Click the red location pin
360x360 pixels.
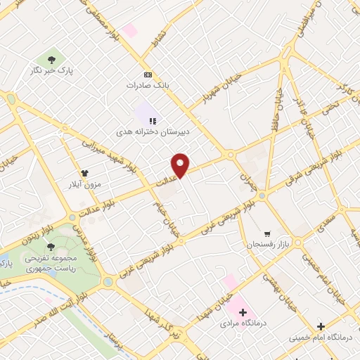pyautogui.click(x=181, y=165)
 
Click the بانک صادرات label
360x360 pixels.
pyautogui.click(x=148, y=84)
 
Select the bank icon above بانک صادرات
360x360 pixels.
pyautogui.click(x=148, y=74)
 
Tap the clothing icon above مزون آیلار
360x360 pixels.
pyautogui.click(x=85, y=172)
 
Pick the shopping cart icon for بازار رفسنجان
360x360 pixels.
pyautogui.click(x=266, y=234)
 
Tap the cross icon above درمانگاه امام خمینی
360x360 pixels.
pyautogui.click(x=321, y=326)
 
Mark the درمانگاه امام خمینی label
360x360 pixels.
pyautogui.click(x=321, y=337)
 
